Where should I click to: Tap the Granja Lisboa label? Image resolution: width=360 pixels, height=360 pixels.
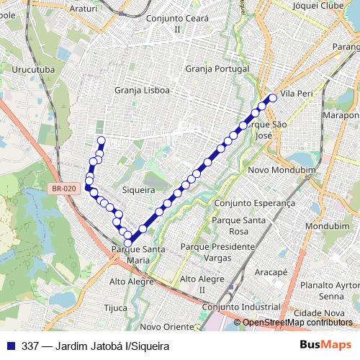click(x=142, y=91)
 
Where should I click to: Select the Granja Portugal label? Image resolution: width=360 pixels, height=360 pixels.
click(x=217, y=69)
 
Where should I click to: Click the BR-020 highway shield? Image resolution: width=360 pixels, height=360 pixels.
click(x=63, y=189)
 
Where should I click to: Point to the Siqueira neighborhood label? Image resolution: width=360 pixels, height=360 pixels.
click(x=139, y=190)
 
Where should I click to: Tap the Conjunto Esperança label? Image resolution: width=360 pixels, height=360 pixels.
click(x=246, y=203)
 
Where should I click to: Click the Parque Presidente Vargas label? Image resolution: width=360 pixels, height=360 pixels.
click(x=217, y=251)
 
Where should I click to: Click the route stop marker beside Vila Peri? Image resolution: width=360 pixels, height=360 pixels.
click(x=273, y=98)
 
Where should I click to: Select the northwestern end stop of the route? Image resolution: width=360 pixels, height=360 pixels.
click(x=101, y=140)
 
